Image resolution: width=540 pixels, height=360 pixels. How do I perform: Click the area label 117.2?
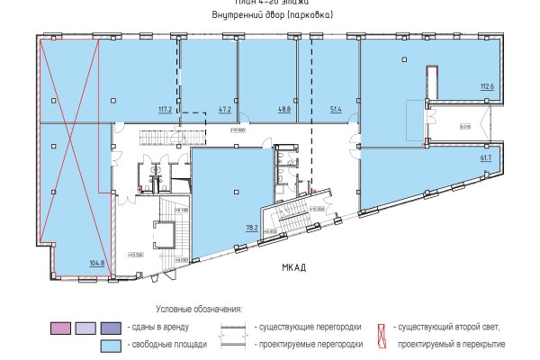pos(165,111)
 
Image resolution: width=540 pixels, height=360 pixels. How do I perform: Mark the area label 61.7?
pos(485,157)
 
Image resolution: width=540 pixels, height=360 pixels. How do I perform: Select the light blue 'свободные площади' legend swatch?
pos(112,345)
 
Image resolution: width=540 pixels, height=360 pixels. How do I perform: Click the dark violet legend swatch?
pos(112,327)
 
